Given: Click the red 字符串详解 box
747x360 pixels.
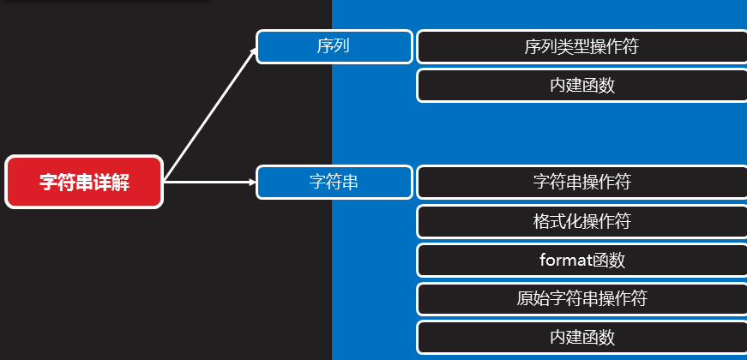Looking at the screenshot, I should coord(84,182).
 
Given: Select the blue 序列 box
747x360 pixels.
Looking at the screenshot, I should coord(334,46).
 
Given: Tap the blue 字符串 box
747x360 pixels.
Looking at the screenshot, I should coord(334,182).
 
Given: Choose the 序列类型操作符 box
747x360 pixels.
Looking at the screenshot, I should coord(581,46).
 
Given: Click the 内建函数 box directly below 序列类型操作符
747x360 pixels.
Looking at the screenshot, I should coord(581,86).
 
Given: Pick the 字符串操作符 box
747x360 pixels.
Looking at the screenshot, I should coord(581,182).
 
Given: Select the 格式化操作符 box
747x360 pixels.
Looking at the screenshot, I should coord(581,221).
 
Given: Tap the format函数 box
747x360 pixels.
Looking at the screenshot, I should coord(581,260).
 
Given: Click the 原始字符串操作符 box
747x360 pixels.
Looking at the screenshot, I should coord(581,298).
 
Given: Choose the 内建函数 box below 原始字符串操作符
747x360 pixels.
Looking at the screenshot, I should coord(581,338).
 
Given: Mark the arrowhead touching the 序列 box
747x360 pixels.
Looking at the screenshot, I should coord(253,52).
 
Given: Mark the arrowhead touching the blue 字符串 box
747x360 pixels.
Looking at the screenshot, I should coord(253,182).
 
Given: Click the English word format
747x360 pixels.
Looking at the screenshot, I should coord(560,260).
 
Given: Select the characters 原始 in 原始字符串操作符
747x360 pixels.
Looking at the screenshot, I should coord(528,298).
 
